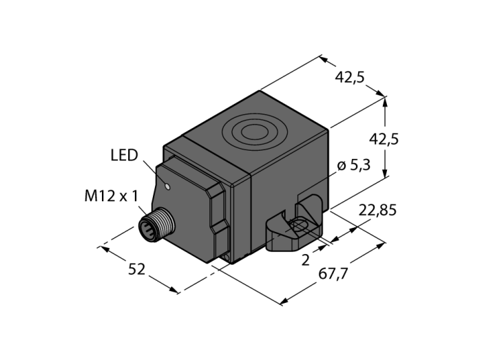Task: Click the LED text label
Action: coord(124,156)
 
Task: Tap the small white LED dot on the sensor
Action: coord(167,186)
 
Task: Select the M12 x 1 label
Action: coord(112,196)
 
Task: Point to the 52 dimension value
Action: coord(136,270)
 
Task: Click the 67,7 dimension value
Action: coord(333,274)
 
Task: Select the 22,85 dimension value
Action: coord(378,211)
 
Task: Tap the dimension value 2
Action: coord(306,260)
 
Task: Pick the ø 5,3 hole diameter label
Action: coord(354,166)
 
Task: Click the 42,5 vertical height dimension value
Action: coord(384,140)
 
